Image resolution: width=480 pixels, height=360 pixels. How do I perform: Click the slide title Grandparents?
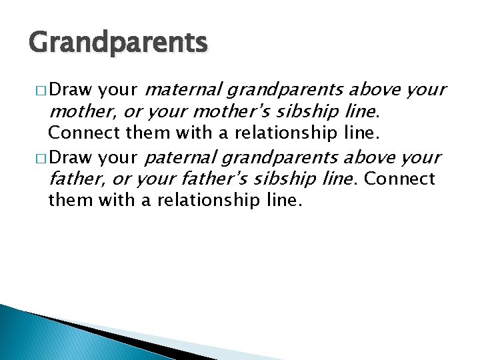[119, 43]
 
